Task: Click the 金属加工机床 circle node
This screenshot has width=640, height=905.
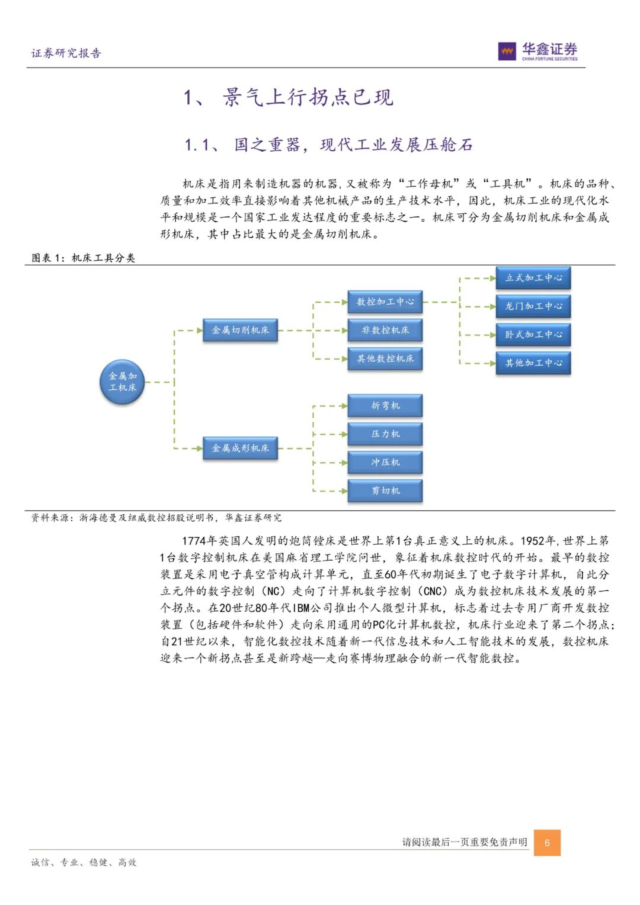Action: [x=122, y=382]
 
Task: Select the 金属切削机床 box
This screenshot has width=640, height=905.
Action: [x=240, y=330]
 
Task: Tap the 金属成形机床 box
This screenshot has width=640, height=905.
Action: [x=240, y=448]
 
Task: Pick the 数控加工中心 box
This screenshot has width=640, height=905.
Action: [x=385, y=302]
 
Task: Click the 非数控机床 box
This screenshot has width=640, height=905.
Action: [x=385, y=330]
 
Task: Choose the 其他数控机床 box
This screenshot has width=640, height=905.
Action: [x=385, y=359]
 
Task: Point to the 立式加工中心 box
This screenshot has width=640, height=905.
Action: [x=533, y=278]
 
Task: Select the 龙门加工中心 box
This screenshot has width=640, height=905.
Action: [x=533, y=306]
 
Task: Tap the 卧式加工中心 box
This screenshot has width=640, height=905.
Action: [x=533, y=335]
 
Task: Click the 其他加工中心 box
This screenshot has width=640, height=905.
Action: [x=533, y=363]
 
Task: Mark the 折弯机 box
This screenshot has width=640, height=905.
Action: [x=385, y=406]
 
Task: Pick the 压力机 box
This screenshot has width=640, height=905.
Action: [x=385, y=434]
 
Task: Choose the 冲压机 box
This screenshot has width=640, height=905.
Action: [x=385, y=462]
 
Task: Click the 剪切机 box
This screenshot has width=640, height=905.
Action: [x=385, y=491]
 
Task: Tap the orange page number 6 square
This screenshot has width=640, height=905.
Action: [x=547, y=843]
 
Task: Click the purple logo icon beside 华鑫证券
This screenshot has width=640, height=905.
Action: [x=507, y=52]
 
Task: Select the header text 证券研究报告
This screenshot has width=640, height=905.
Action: [x=66, y=53]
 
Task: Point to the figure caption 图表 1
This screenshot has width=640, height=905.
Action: [x=50, y=258]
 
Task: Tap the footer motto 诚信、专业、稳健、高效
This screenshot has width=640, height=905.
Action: [x=84, y=862]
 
